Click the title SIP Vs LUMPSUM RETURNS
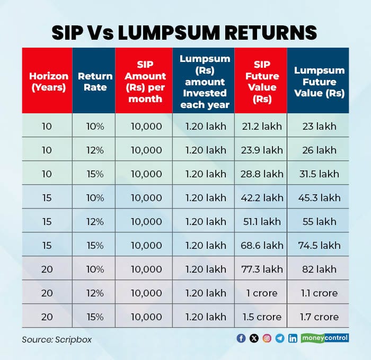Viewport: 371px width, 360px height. coord(184,32)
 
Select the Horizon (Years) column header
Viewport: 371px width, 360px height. coord(47,82)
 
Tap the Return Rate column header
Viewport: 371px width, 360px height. coord(95,82)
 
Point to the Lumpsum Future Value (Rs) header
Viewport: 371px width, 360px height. coord(319,82)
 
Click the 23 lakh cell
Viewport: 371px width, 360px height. coord(319,127)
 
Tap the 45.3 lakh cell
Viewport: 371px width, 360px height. coord(319,198)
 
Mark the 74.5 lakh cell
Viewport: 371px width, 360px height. coord(319,246)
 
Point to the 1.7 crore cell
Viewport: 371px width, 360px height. coord(319,317)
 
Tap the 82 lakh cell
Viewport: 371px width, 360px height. coord(319,269)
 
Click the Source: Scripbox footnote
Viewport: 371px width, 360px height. coord(57,339)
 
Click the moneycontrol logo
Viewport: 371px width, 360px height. coord(325,338)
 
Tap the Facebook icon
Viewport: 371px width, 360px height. coord(242,338)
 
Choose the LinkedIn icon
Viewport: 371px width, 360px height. coord(293,338)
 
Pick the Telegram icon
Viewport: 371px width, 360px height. coord(280,338)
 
